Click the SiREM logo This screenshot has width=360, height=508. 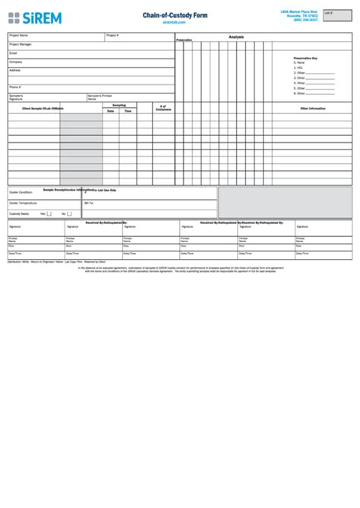pos(34,17)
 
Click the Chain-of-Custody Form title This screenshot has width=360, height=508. pos(174,15)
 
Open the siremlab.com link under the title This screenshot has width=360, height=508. pos(174,22)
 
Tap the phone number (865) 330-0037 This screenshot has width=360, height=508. pos(305,20)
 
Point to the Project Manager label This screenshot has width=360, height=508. pos(21,44)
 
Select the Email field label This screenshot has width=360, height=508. pos(13,53)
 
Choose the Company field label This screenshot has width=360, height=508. pos(16,62)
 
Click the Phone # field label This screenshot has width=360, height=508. pos(15,87)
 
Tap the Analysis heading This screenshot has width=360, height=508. pos(236,36)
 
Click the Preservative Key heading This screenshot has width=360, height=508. pos(305,58)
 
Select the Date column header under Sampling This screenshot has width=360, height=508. pos(111,111)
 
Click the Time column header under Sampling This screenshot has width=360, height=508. pos(128,111)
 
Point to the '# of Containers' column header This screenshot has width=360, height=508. pos(163,108)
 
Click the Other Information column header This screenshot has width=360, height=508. pos(312,109)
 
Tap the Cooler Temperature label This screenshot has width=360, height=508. pos(24,204)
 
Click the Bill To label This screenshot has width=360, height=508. pos(89,204)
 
